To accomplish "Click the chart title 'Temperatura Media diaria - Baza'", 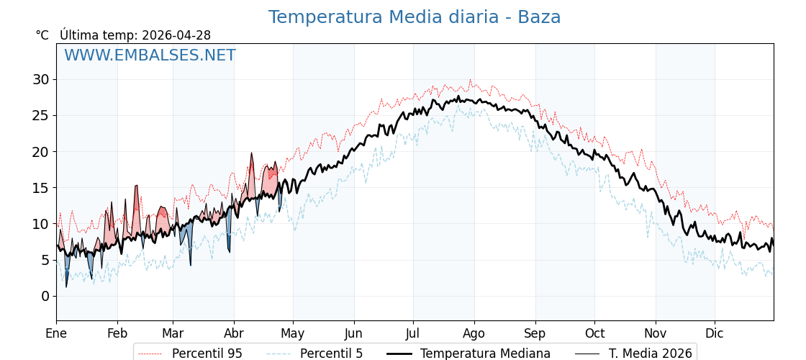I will (415, 17).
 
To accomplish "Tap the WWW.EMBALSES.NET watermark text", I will (150, 55).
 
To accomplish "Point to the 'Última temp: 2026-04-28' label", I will (135, 35).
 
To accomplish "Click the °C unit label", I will (42, 35).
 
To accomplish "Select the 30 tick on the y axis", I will (40, 79).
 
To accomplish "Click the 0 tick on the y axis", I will (45, 296).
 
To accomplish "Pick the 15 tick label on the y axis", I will (40, 188).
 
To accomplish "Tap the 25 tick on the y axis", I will (40, 115).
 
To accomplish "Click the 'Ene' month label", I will (56, 333).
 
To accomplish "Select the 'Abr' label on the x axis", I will (234, 333).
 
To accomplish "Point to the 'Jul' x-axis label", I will (413, 333).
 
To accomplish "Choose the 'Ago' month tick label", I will (474, 333).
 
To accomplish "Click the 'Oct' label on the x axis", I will (594, 333).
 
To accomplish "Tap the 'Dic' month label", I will (715, 333).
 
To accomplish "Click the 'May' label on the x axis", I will (293, 333).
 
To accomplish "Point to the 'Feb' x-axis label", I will (117, 333).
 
